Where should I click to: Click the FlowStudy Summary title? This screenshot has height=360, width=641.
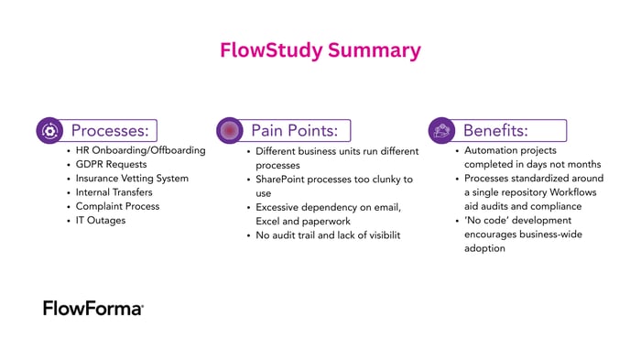[x=320, y=50]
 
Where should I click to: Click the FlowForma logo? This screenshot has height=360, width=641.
[x=93, y=308]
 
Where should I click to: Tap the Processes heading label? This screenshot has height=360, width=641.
[x=114, y=130]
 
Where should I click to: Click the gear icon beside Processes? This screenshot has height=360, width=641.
[x=49, y=130]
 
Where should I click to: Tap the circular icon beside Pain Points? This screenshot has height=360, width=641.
[x=230, y=130]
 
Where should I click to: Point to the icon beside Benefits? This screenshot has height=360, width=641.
[x=442, y=130]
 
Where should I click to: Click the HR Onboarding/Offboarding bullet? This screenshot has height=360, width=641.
[x=141, y=150]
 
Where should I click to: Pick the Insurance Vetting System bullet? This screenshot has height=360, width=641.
[x=133, y=179]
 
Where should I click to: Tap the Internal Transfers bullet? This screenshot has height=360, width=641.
[x=114, y=192]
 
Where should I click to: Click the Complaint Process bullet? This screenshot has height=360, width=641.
[x=117, y=206]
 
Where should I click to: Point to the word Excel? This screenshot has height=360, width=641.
[x=271, y=222]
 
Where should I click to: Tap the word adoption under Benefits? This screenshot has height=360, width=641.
[x=485, y=248]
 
